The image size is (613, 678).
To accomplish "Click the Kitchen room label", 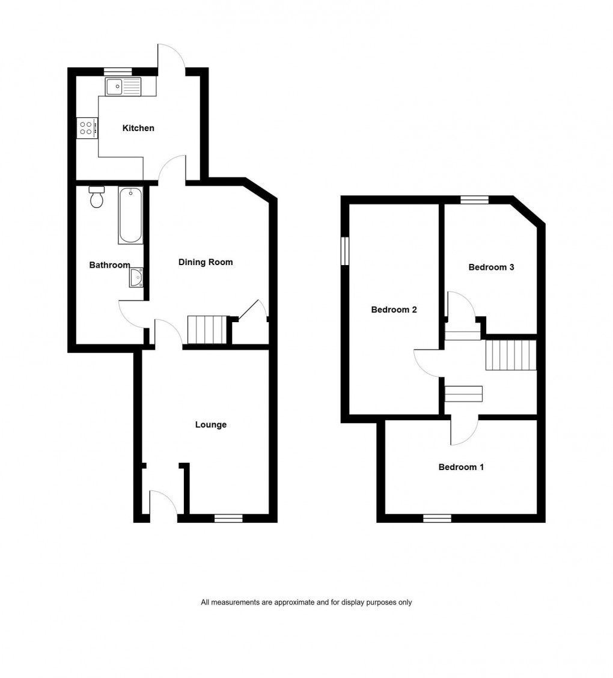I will tap(138, 128).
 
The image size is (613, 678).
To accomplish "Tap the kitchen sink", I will tap(123, 87).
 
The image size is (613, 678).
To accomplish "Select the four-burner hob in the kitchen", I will tap(87, 127).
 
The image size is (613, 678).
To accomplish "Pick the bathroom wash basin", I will tap(136, 278).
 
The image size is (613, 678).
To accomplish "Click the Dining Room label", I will tap(206, 262).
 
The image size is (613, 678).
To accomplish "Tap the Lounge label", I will tap(211, 425).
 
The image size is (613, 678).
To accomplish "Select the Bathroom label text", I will tap(109, 265).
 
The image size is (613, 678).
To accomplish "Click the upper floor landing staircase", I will tap(510, 355).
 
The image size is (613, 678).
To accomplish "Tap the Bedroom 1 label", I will tap(461, 467).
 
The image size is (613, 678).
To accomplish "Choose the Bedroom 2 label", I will tap(394, 310).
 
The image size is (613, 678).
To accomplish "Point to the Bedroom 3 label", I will tap(491, 267).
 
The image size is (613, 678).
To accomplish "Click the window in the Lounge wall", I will tap(228, 518).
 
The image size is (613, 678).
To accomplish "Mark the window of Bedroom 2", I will tap(345, 251).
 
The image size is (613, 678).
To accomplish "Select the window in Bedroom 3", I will tap(474, 200).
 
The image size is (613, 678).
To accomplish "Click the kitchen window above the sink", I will tap(118, 72).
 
